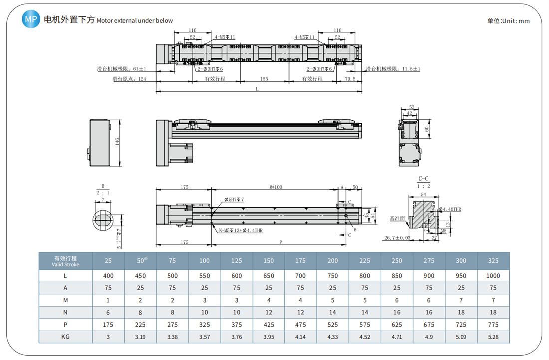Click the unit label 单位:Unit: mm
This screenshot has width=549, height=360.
coord(508,21)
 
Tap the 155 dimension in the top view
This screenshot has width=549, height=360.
coord(264,79)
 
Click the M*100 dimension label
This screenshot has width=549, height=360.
coord(275,187)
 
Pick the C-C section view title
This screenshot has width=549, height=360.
coord(423,179)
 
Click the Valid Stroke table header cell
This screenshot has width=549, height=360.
coord(66,261)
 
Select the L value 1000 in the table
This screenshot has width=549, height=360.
coord(493,275)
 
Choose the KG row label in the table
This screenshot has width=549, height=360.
coord(66,336)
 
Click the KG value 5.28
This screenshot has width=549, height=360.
coord(493,336)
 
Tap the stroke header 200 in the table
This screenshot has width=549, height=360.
coord(333,260)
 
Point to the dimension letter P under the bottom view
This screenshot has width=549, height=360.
coord(281,242)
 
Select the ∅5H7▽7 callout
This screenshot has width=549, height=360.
coord(234,199)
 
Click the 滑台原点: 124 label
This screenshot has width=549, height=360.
coord(129,79)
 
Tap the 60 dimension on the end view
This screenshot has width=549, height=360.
coord(427,129)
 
